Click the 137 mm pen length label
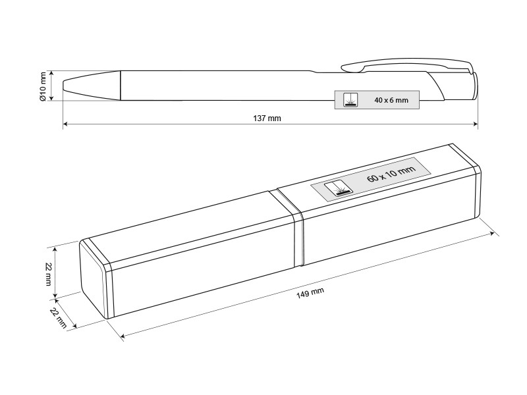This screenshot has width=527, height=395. point(267,118)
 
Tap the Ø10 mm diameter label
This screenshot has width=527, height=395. point(43,87)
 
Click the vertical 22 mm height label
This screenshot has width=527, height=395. point(48,274)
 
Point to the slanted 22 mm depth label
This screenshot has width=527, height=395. point(59,318)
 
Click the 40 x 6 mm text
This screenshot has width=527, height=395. point(391,100)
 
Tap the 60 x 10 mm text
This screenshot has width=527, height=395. point(391,173)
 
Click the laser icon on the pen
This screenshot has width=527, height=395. point(350,100)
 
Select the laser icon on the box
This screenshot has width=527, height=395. point(339,188)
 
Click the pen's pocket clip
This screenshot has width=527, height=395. point(406,66)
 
